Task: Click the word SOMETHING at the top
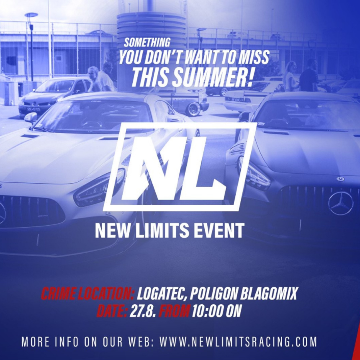point(147,42)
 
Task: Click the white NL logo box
point(180,167)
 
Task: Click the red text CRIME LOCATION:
point(87,293)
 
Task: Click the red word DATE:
point(112,311)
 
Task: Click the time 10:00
point(208,311)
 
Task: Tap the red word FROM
point(175,311)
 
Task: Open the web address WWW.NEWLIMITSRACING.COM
point(238,342)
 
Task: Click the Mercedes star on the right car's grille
point(341,203)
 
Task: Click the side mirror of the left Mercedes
point(31,118)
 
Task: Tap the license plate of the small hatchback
point(33,109)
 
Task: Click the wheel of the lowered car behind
point(193,109)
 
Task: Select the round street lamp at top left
point(31,15)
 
